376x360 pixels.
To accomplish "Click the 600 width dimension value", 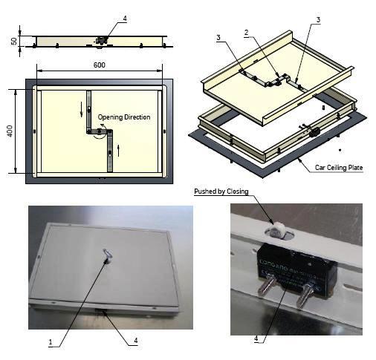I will [x=100, y=65].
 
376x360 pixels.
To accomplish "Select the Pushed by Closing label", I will [x=221, y=192].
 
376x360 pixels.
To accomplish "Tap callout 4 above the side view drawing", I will [x=124, y=17].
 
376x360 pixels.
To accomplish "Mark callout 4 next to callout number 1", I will [x=135, y=341].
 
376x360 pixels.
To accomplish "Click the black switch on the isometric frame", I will [x=314, y=131].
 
